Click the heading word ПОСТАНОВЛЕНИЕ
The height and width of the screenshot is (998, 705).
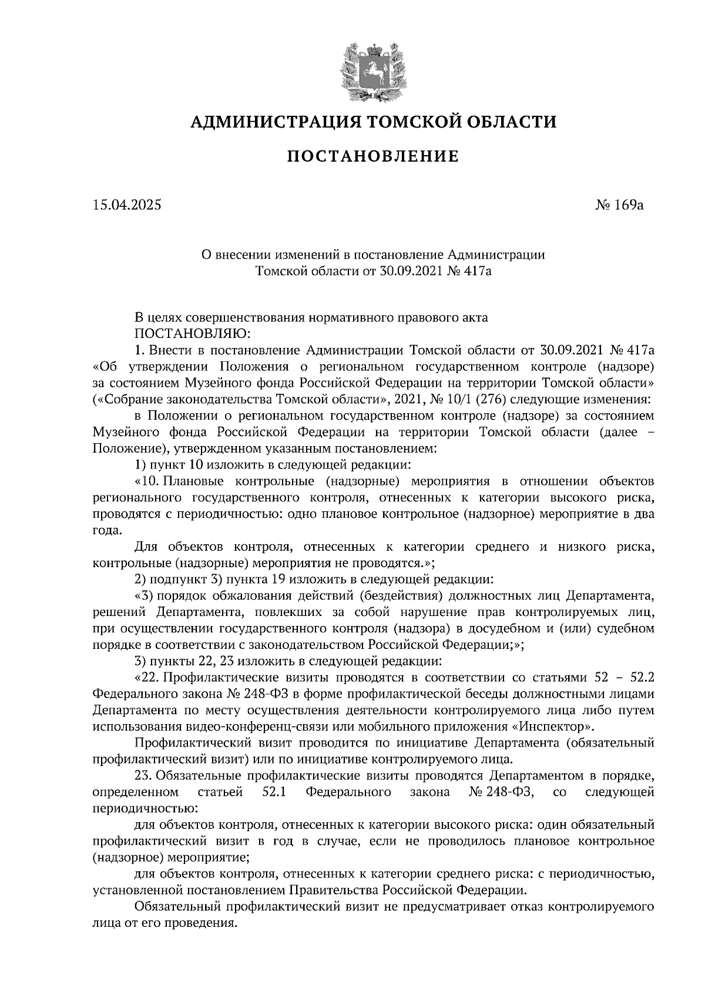pos(372,156)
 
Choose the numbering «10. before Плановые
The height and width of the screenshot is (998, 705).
pos(146,481)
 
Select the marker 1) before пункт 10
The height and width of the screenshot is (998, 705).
pos(140,465)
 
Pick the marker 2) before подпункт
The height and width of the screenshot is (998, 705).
pos(140,579)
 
